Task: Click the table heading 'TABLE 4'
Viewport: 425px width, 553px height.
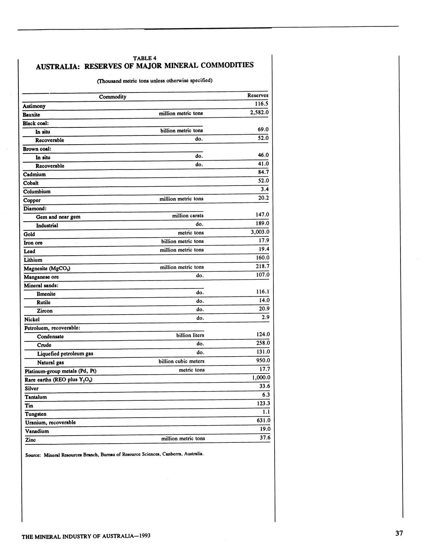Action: pyautogui.click(x=144, y=58)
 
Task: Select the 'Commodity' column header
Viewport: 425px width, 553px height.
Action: pyautogui.click(x=113, y=97)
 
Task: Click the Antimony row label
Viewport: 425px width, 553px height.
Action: pyautogui.click(x=34, y=106)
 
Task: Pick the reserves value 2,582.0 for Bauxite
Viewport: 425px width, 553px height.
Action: pyautogui.click(x=259, y=112)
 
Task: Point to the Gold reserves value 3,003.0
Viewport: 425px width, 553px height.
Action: pyautogui.click(x=260, y=232)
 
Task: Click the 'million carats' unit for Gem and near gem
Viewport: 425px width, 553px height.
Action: pyautogui.click(x=188, y=216)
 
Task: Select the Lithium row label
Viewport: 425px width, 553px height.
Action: pyautogui.click(x=33, y=260)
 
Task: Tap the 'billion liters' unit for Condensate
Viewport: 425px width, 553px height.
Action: pyautogui.click(x=190, y=335)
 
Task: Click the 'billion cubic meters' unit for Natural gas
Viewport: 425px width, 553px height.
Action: pyautogui.click(x=181, y=361)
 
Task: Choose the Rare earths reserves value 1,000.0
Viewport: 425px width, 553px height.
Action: pyautogui.click(x=261, y=377)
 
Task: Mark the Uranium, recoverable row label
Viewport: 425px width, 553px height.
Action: pyautogui.click(x=50, y=422)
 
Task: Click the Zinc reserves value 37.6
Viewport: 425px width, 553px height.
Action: pyautogui.click(x=265, y=438)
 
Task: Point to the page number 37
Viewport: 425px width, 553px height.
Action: pyautogui.click(x=399, y=533)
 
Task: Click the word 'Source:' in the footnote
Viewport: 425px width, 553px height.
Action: pyautogui.click(x=33, y=455)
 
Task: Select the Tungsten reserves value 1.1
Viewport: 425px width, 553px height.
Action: pyautogui.click(x=266, y=412)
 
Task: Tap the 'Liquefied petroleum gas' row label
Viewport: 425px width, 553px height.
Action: pyautogui.click(x=65, y=354)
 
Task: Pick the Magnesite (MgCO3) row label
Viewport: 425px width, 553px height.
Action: pyautogui.click(x=47, y=268)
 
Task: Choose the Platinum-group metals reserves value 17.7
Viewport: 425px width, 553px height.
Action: pyautogui.click(x=265, y=369)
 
